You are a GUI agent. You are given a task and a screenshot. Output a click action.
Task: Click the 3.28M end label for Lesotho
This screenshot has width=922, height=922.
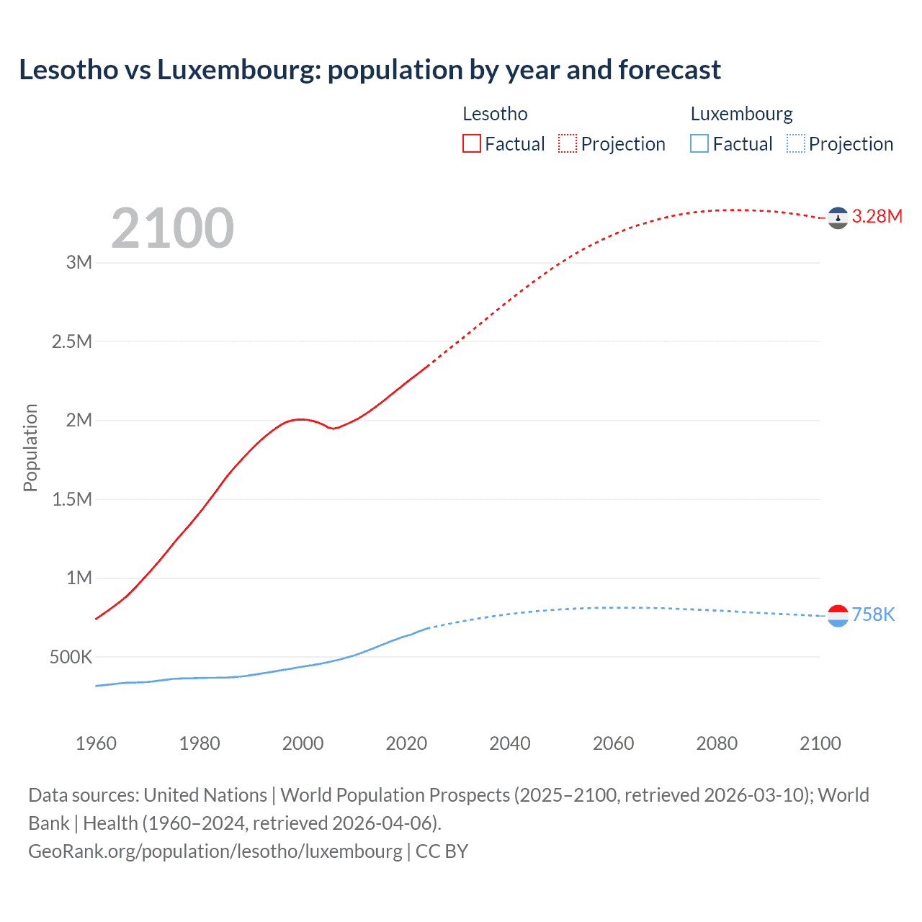click(x=877, y=217)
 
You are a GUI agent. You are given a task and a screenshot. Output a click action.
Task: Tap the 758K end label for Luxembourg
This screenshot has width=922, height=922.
click(x=873, y=614)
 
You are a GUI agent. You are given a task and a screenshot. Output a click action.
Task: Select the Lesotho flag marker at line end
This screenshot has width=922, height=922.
click(x=838, y=218)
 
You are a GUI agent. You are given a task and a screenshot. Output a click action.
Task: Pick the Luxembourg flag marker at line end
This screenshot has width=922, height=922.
click(x=838, y=615)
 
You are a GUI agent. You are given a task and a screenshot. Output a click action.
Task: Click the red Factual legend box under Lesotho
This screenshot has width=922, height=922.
click(x=472, y=143)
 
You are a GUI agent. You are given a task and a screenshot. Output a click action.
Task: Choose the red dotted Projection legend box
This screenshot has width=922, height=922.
click(x=568, y=143)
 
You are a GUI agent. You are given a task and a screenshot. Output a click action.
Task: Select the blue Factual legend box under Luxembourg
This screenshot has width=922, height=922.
click(x=699, y=143)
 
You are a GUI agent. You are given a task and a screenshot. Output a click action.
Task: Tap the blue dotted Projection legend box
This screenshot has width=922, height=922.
click(x=796, y=143)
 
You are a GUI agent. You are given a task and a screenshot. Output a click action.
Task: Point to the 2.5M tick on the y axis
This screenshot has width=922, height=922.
click(x=72, y=341)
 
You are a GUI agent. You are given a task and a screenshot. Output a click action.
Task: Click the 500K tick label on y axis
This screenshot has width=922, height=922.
click(x=71, y=657)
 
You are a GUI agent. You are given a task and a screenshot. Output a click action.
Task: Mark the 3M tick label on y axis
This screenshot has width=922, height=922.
click(x=79, y=262)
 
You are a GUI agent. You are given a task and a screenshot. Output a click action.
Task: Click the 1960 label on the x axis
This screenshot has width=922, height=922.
click(x=96, y=743)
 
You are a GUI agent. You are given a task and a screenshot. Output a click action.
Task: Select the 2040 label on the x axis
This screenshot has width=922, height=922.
click(x=510, y=743)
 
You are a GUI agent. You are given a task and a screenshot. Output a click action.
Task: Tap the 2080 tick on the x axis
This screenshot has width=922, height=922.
click(x=717, y=743)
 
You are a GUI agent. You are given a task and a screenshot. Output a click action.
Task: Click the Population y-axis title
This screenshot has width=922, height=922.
click(x=30, y=447)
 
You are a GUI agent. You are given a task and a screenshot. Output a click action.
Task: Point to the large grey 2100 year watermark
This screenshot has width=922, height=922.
click(x=172, y=228)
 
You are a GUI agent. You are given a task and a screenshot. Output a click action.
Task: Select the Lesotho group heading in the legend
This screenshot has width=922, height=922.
click(x=495, y=114)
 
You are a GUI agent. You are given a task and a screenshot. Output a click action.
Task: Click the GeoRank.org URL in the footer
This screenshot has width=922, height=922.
click(x=215, y=851)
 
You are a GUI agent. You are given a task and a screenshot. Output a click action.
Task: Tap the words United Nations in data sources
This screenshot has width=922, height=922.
click(x=205, y=795)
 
